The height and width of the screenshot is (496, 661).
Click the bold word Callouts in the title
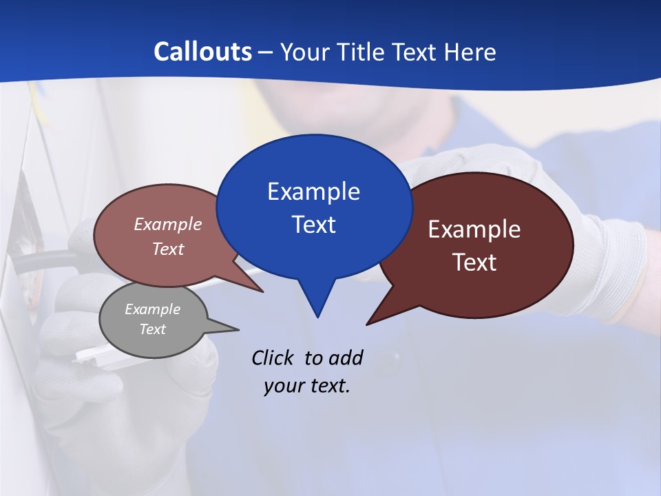tap(203, 52)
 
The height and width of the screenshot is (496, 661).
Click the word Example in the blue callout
tap(313, 192)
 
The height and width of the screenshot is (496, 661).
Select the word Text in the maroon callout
tap(474, 262)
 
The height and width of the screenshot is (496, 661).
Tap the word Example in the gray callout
tap(152, 309)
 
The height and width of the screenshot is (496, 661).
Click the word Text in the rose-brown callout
tap(168, 249)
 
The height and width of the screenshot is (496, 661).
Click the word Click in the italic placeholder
tap(272, 358)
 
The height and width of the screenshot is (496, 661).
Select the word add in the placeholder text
tap(346, 358)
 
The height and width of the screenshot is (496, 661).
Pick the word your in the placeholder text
tap(284, 386)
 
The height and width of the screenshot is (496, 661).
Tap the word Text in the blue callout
tap(313, 225)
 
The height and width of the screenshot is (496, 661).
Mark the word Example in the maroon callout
tap(474, 229)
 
